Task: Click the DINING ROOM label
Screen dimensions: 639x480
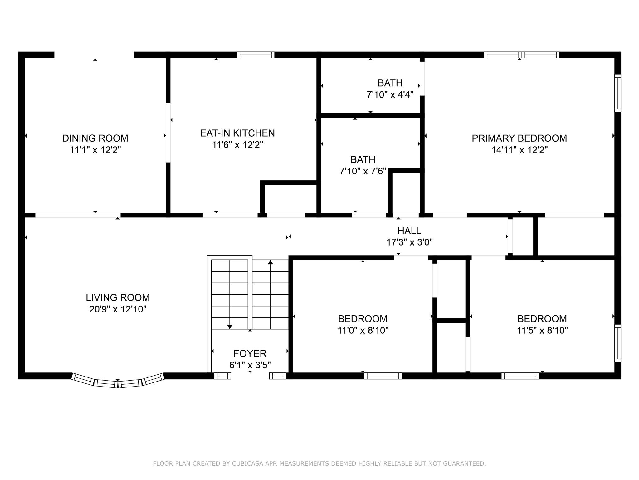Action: pyautogui.click(x=95, y=138)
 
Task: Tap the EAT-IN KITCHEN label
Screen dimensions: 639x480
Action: pyautogui.click(x=237, y=133)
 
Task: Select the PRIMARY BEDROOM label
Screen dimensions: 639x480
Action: pyautogui.click(x=519, y=138)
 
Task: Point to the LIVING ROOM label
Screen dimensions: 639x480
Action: pyautogui.click(x=118, y=297)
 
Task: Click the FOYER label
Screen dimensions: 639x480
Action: pyautogui.click(x=250, y=353)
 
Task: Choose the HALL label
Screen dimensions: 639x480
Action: pyautogui.click(x=409, y=231)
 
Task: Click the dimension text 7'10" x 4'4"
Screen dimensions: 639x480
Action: pyautogui.click(x=390, y=95)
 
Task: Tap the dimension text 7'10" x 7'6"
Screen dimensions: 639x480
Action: pyautogui.click(x=363, y=171)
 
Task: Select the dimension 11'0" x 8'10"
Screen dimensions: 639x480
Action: pyautogui.click(x=363, y=330)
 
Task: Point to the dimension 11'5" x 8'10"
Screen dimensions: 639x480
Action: pyautogui.click(x=542, y=330)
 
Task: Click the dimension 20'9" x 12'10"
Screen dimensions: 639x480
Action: pyautogui.click(x=118, y=309)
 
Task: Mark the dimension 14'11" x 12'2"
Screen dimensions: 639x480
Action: pyautogui.click(x=519, y=150)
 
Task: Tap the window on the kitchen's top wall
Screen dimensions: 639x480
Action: pyautogui.click(x=256, y=55)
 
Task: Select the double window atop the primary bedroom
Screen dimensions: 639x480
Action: pyautogui.click(x=521, y=55)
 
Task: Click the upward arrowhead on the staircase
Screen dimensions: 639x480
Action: pyautogui.click(x=271, y=262)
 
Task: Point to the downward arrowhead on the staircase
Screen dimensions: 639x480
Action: pyautogui.click(x=230, y=327)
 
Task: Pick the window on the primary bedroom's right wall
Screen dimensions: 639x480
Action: pyautogui.click(x=618, y=93)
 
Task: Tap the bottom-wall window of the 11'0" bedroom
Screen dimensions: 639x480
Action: pyautogui.click(x=383, y=376)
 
